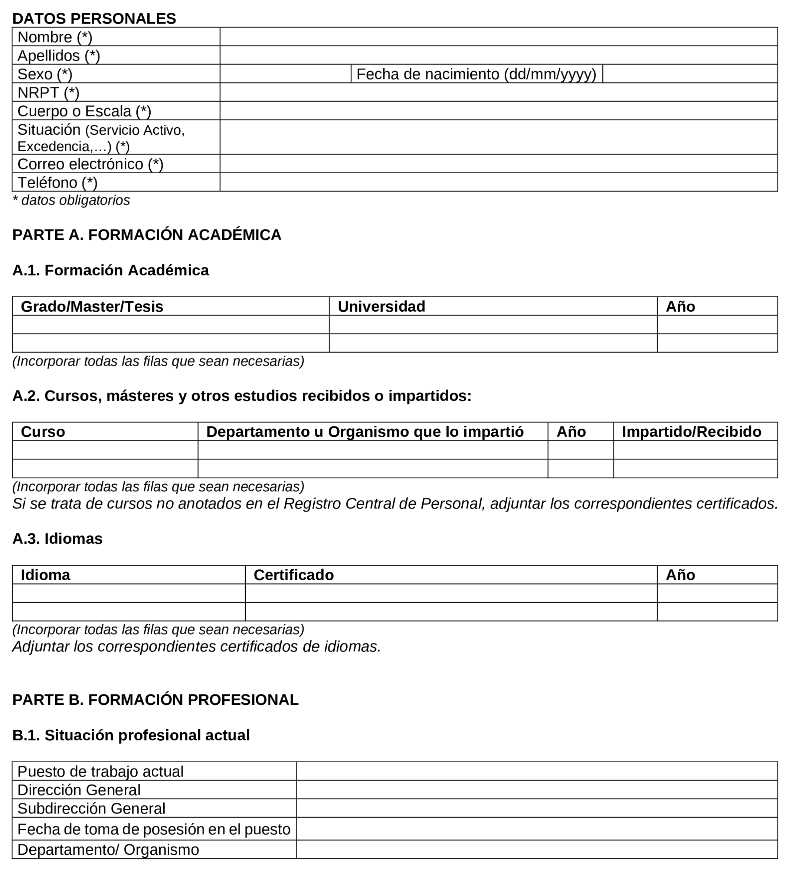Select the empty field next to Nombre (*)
click(498, 37)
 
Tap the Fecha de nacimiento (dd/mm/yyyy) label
click(476, 74)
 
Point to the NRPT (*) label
click(48, 92)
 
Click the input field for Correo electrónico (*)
click(498, 164)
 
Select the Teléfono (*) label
click(57, 183)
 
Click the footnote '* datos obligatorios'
click(71, 200)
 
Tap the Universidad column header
click(381, 307)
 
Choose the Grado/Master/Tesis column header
click(92, 307)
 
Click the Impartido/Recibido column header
click(691, 432)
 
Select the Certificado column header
click(294, 575)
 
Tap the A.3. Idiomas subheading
click(57, 539)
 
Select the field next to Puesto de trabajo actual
click(536, 771)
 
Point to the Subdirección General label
click(91, 809)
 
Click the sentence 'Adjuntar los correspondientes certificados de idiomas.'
click(196, 647)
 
